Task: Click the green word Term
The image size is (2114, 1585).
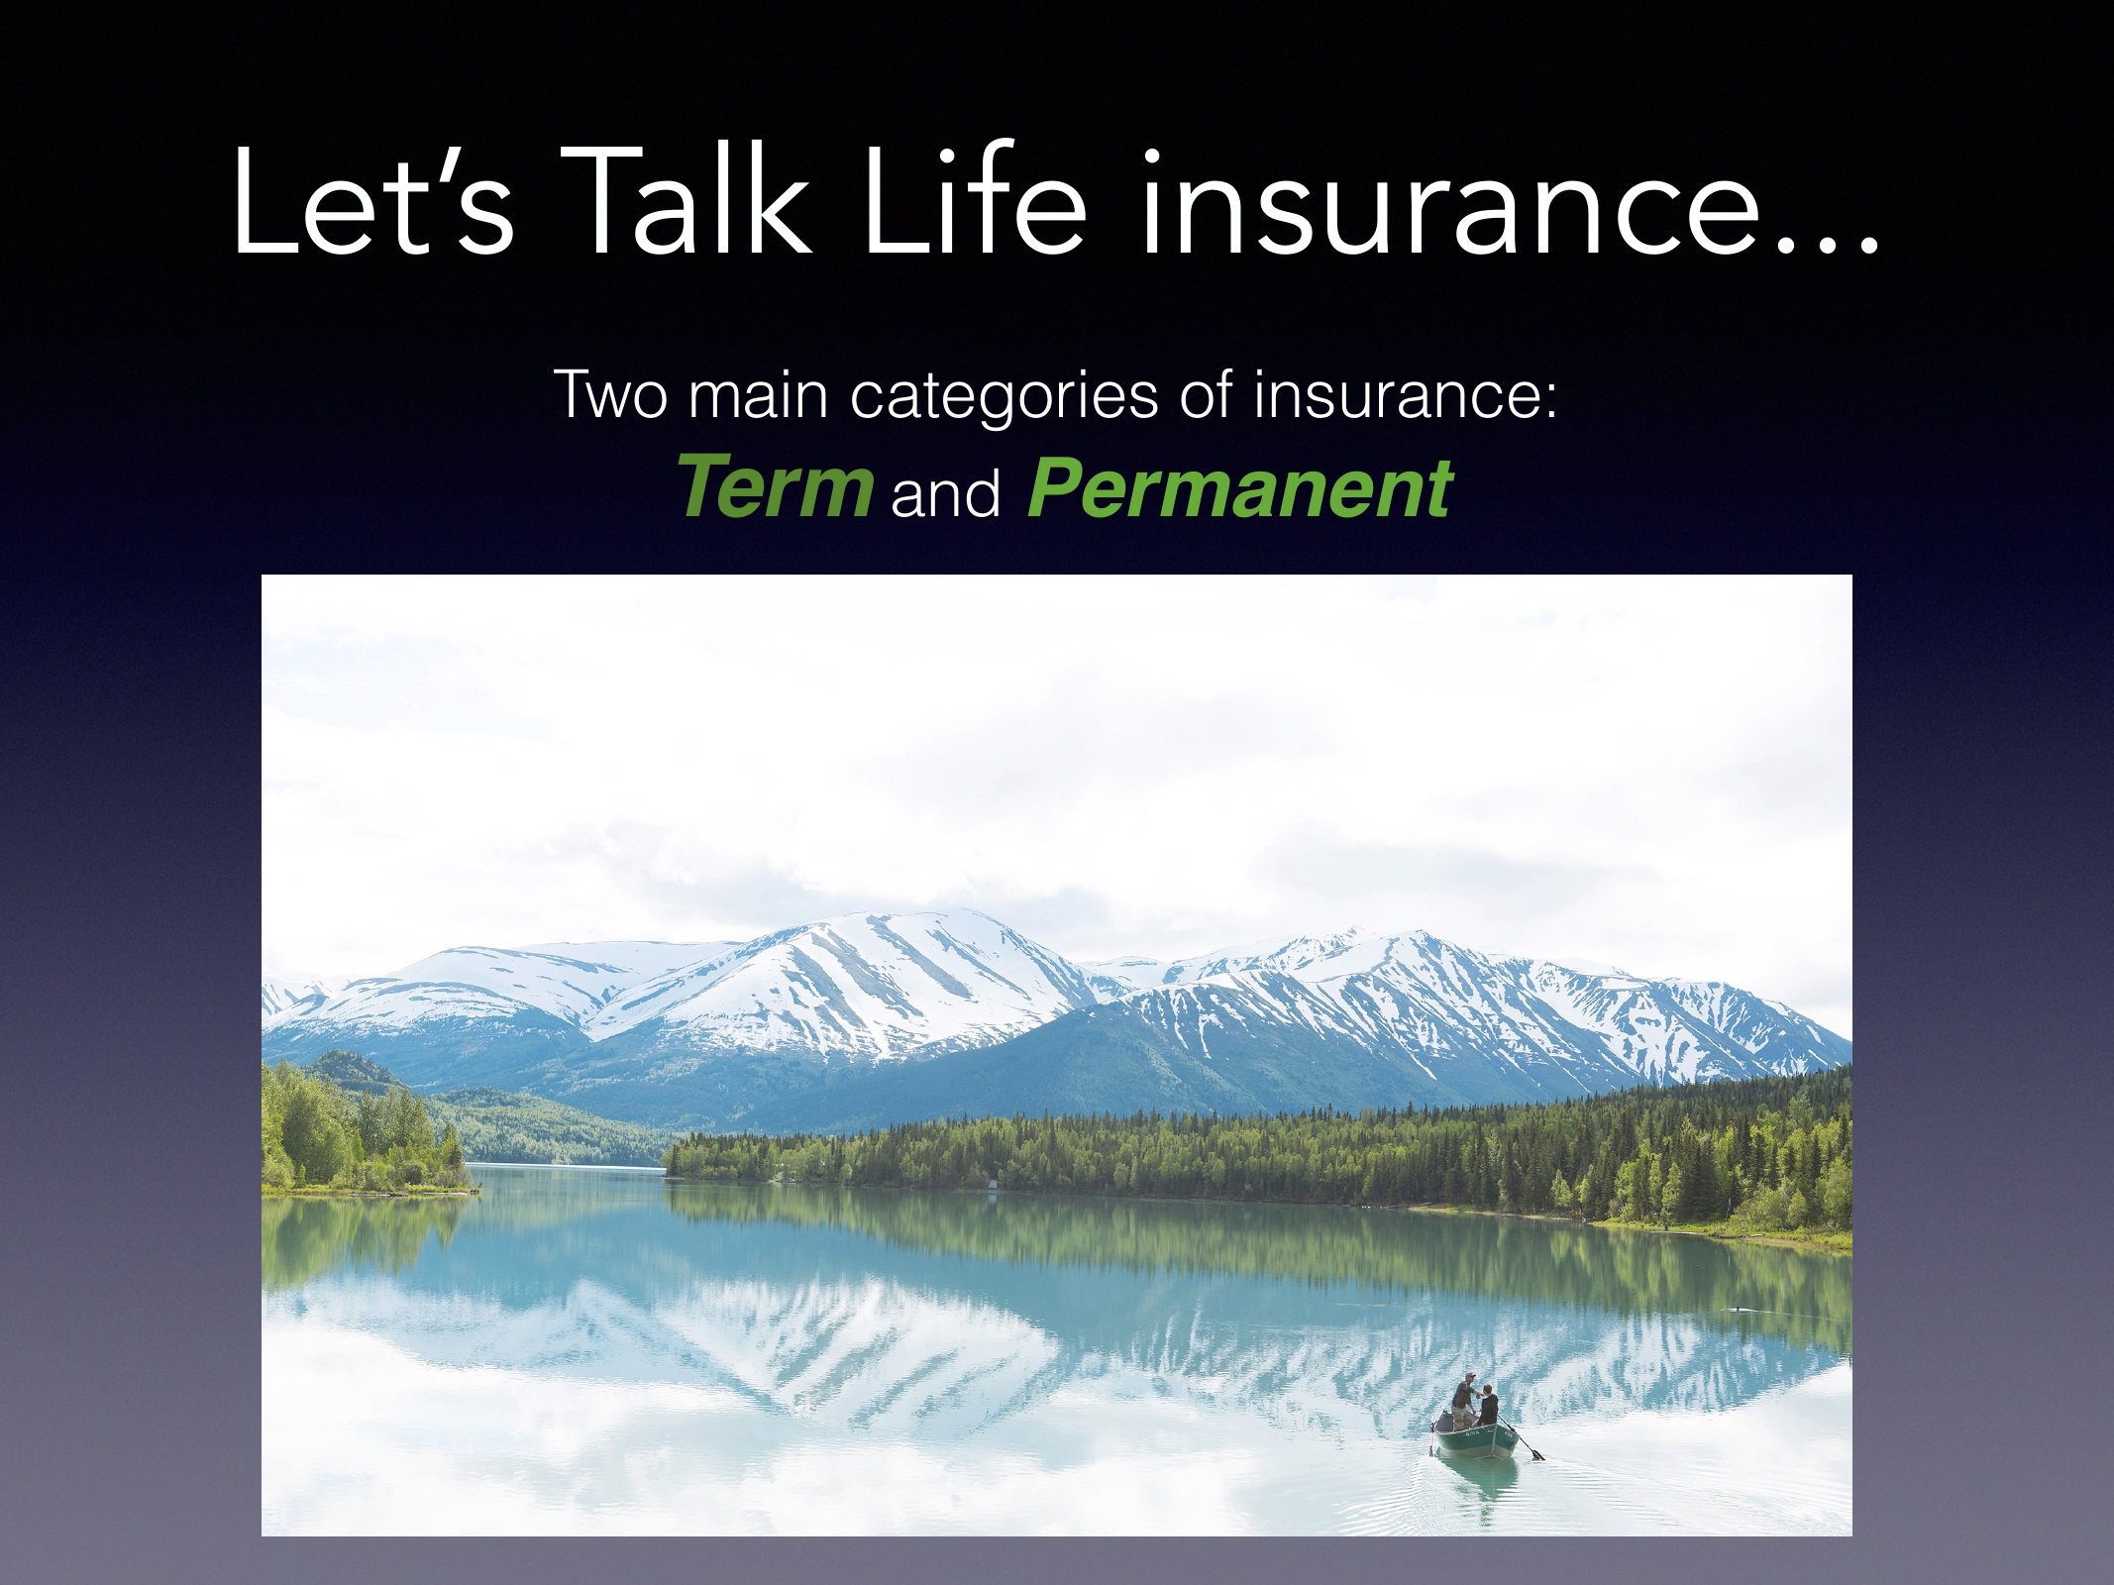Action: (776, 486)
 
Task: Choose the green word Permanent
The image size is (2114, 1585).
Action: (1240, 488)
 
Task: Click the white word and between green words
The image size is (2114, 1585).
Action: (945, 492)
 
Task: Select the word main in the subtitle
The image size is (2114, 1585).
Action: (758, 394)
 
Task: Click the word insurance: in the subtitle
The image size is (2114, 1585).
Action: (1406, 394)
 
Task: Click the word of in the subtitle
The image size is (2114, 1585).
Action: (1206, 393)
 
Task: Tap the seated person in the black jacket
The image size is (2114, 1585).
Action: (1489, 1407)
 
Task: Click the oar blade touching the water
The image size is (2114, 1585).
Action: (1536, 1454)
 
